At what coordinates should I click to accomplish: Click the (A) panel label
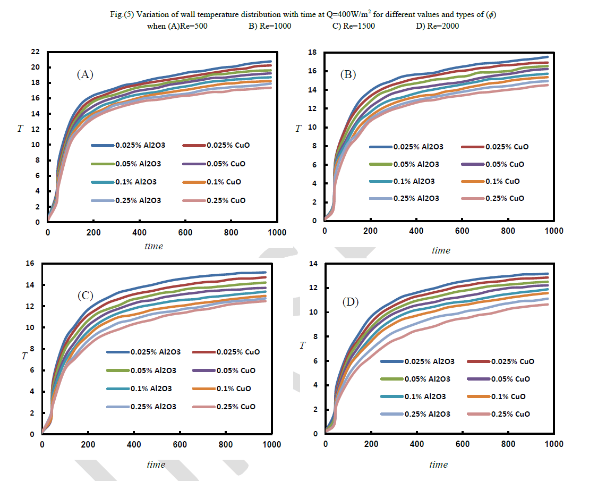85,75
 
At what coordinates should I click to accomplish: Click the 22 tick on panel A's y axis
36,52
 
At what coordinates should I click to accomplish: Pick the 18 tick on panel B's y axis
313,52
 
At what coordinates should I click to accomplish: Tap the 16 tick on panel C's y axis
30,264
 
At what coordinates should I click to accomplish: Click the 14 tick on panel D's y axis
313,264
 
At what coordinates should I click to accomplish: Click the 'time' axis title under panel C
156,465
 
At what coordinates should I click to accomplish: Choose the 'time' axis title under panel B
441,250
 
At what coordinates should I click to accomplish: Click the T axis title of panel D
302,346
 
